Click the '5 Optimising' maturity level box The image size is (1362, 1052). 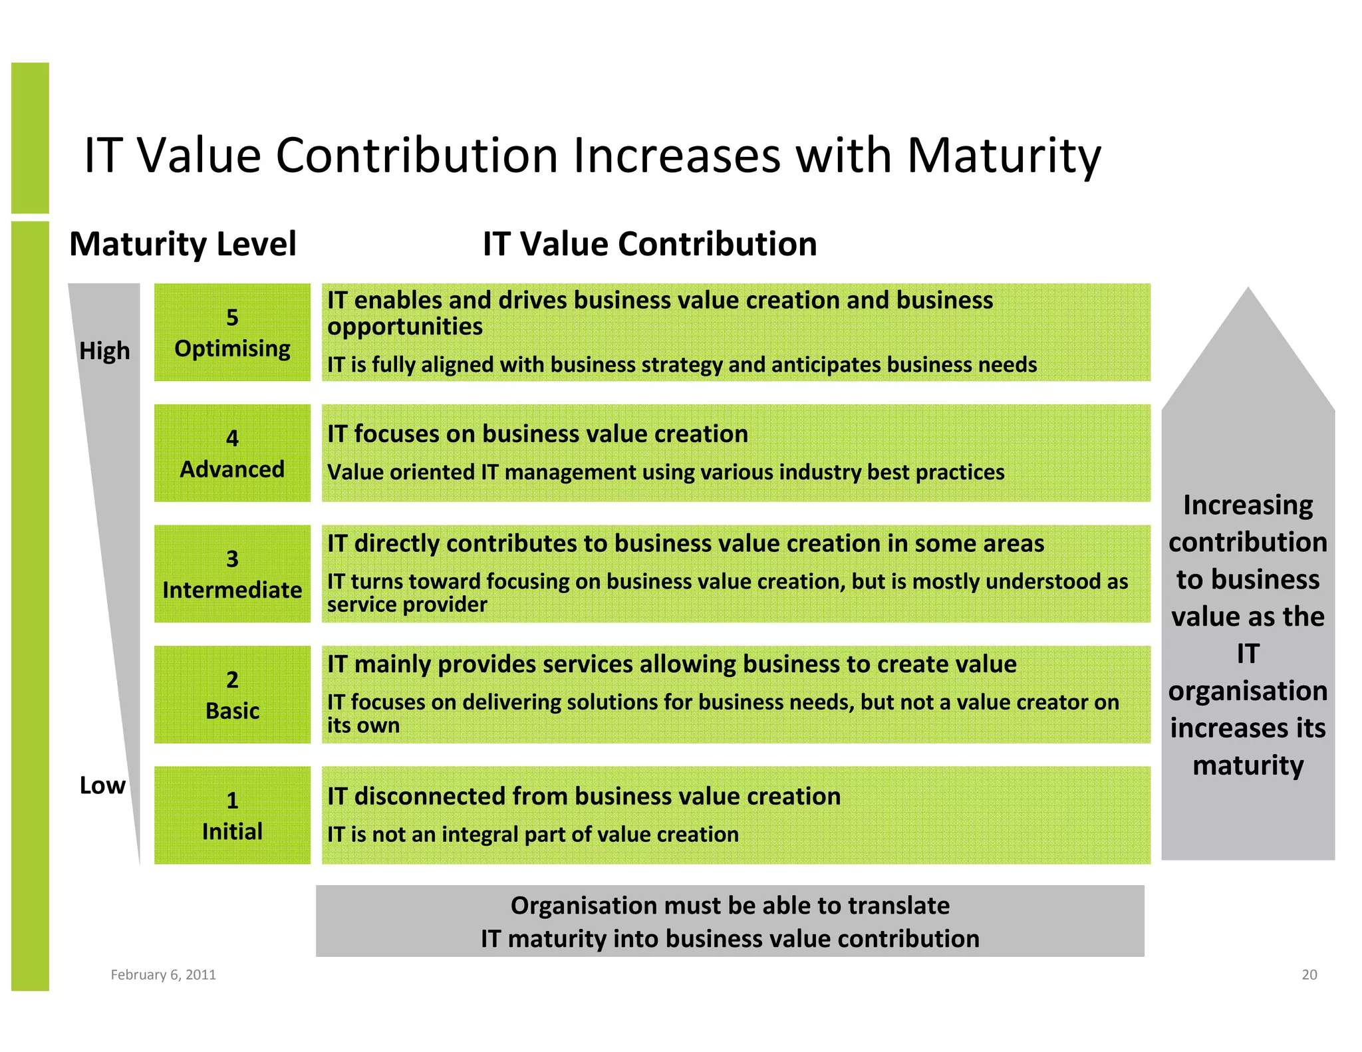click(x=232, y=332)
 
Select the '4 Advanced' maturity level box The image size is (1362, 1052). click(x=232, y=453)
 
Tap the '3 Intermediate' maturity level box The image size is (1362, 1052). click(x=232, y=574)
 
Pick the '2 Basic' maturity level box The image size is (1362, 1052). click(x=232, y=694)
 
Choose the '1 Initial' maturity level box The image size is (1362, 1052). click(x=232, y=815)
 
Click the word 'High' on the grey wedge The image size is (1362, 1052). click(x=104, y=350)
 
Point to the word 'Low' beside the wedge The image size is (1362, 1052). click(x=102, y=785)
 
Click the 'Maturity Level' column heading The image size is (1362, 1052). click(x=183, y=244)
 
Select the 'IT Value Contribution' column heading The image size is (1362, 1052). click(x=650, y=244)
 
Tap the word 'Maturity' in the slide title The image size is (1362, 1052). click(x=1004, y=156)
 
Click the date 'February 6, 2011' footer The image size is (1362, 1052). click(x=163, y=975)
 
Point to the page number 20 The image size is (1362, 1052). click(x=1309, y=975)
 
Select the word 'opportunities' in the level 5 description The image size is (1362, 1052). click(x=404, y=327)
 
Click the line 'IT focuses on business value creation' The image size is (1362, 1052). click(x=537, y=434)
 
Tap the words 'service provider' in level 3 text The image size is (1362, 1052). click(x=407, y=604)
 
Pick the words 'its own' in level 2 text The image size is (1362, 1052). click(x=363, y=725)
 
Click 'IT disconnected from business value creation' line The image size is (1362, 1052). click(x=583, y=796)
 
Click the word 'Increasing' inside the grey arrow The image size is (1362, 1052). click(x=1248, y=505)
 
